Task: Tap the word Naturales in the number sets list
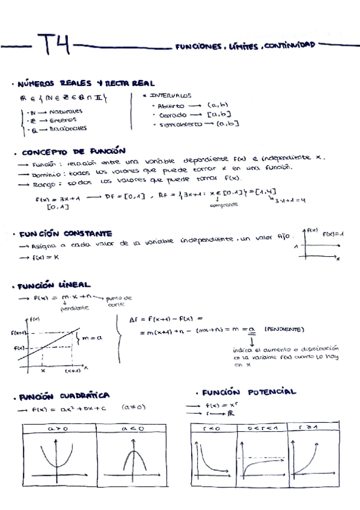66,111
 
